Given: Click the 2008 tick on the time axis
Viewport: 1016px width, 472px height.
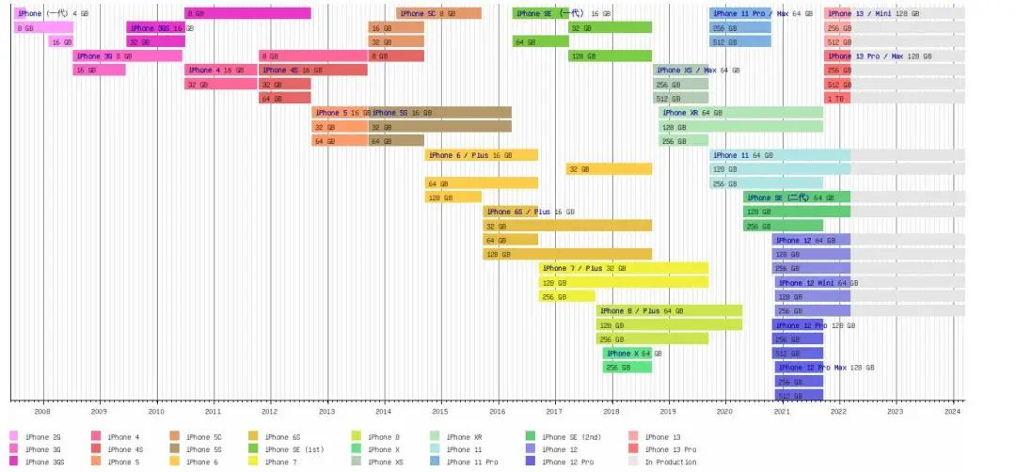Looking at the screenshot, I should [42, 411].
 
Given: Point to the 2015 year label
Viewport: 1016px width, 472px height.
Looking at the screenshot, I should [440, 411].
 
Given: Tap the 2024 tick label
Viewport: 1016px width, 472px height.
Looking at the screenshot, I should [952, 411].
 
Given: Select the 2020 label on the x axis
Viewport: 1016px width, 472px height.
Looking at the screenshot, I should [724, 411].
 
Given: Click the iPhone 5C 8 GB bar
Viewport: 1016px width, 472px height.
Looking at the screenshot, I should [438, 14].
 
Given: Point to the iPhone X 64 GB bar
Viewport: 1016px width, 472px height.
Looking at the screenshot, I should [627, 354].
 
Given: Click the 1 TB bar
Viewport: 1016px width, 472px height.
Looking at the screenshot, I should [837, 99].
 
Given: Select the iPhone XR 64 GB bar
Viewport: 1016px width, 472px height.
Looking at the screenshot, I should [741, 113].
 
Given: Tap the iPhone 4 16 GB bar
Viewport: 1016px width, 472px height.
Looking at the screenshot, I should [221, 71].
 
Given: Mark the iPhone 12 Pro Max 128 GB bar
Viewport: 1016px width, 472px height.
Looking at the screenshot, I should [799, 368].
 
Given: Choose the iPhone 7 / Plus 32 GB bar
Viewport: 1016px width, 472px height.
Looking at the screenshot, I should [623, 269].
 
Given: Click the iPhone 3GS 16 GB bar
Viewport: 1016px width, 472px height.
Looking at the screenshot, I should [155, 28].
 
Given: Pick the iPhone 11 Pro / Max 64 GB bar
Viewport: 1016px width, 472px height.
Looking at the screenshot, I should [740, 14].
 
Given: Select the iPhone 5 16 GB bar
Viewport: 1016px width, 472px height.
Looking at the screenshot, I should [340, 113].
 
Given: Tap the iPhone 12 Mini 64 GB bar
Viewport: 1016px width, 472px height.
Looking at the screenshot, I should [813, 283].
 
